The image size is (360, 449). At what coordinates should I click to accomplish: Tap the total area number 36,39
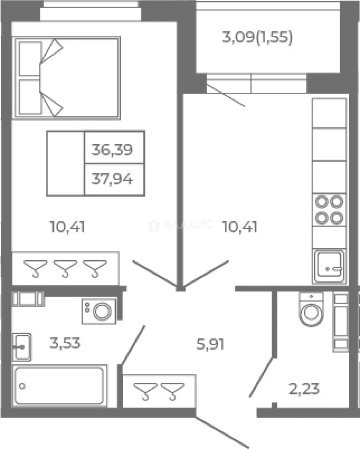click(112, 150)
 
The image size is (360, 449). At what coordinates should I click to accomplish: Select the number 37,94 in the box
click(112, 179)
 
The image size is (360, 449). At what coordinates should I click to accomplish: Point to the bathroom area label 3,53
click(65, 343)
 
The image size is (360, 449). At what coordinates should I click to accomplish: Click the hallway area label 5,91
click(210, 344)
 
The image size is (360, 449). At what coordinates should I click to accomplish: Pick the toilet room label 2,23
click(304, 389)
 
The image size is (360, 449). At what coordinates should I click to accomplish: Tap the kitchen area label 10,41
click(240, 227)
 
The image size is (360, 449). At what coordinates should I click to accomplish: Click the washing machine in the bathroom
click(99, 311)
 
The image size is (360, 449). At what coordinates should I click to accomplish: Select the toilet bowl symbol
click(311, 309)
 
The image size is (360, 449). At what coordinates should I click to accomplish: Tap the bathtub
click(60, 386)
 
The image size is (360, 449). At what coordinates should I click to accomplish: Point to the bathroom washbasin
click(22, 347)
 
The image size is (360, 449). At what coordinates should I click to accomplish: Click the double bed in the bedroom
click(66, 78)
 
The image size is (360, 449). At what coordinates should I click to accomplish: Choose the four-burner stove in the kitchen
click(329, 210)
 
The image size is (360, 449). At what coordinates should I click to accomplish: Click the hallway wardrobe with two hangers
click(159, 391)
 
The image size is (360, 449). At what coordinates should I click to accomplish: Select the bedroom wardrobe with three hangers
click(65, 269)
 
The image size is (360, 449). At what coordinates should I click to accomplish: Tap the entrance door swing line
click(222, 432)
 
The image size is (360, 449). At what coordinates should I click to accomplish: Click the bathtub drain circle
click(22, 386)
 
